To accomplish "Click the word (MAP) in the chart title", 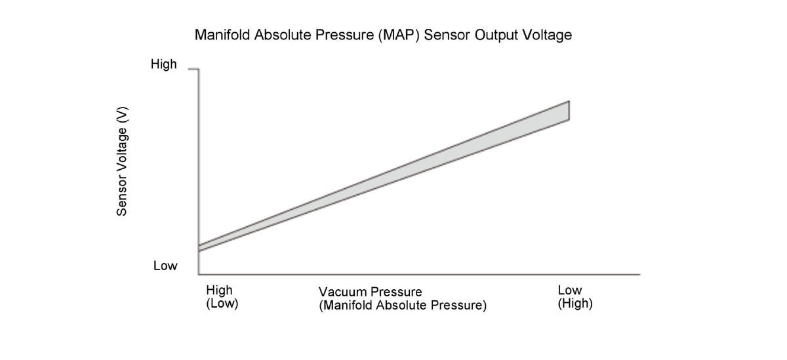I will (397, 35).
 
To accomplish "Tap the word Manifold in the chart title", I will (222, 35).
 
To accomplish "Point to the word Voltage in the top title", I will (546, 35).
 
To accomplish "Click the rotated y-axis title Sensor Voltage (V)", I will (121, 161).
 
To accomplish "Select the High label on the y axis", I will (163, 64).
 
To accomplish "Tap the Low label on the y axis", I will (165, 266).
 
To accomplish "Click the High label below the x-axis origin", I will (219, 290).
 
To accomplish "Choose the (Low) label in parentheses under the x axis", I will (222, 304).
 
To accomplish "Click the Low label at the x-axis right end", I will (569, 290).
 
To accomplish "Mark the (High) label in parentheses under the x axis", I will (575, 304).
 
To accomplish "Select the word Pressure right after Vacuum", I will (395, 292).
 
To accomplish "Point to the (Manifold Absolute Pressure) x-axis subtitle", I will (403, 306).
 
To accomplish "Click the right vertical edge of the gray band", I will (569, 110).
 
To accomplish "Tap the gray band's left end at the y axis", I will (199, 248).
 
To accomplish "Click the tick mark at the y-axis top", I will (193, 68).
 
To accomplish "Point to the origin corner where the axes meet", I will (199, 274).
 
